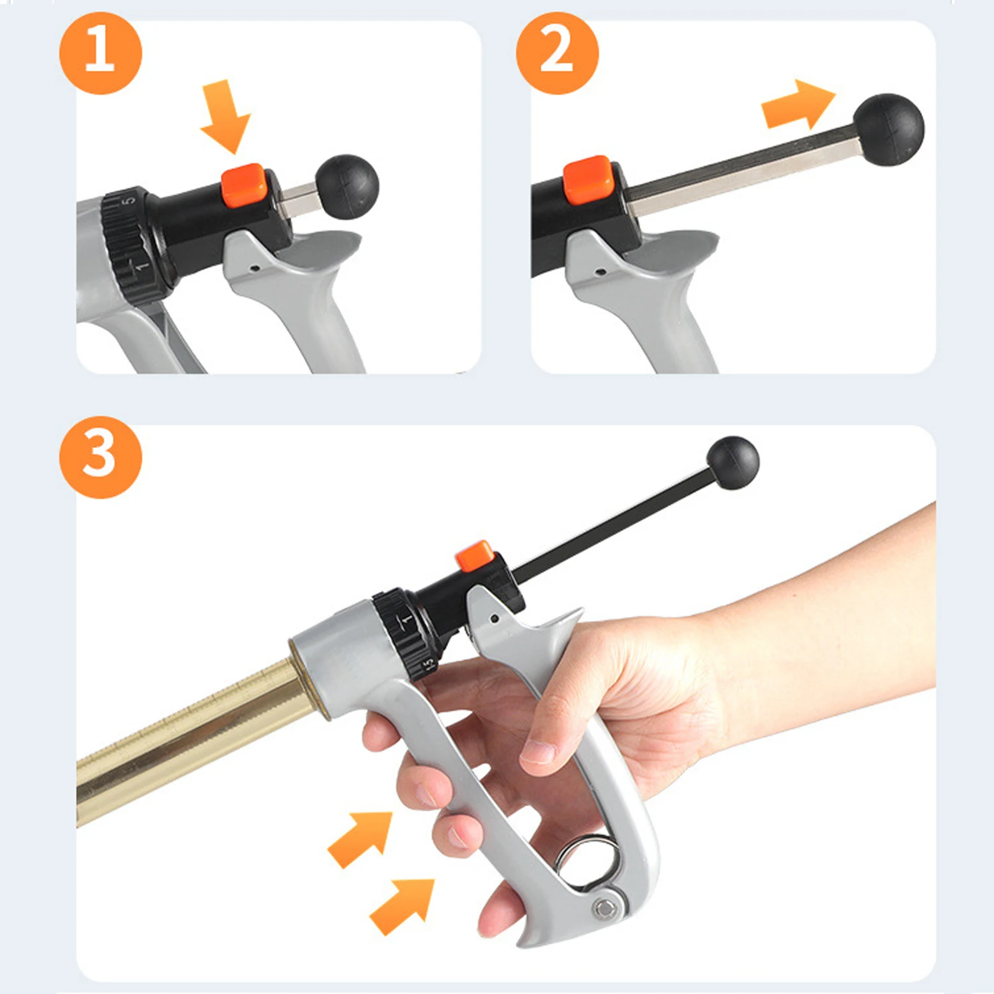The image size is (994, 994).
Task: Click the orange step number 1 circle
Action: point(101,53)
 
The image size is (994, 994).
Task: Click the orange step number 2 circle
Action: point(557,53)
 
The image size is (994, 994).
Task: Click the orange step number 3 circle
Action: point(101,457)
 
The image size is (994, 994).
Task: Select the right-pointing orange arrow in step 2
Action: point(799,104)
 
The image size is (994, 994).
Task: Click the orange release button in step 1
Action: point(244,185)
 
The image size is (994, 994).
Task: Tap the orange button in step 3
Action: point(473,556)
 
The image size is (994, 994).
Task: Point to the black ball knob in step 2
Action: point(889,130)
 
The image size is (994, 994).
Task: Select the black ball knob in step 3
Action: point(733,463)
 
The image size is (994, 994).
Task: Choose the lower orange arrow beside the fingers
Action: point(401,906)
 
